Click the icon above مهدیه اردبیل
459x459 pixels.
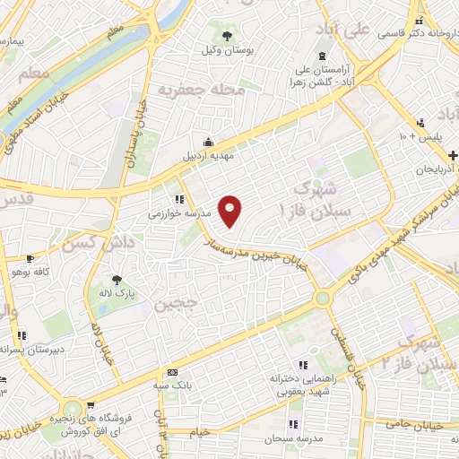[208, 141]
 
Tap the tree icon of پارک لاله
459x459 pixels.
[115, 279]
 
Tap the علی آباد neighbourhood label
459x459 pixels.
[344, 30]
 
